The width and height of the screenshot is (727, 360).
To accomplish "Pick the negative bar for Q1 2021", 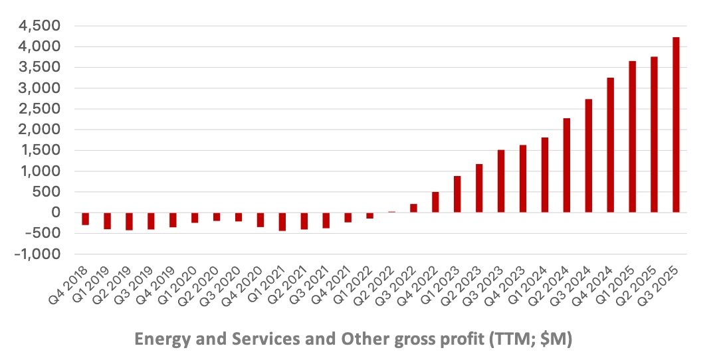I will coord(282,221).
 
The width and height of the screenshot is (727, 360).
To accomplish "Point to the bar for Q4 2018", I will coord(85,219).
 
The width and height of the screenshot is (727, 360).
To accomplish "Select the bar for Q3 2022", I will coord(413,208).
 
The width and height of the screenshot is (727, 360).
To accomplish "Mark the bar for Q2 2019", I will coord(129,221).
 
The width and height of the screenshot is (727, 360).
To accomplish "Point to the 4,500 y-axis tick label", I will coord(42,26).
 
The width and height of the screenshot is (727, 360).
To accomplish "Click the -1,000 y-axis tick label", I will coord(40,254).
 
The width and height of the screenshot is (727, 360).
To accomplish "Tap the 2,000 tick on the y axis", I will coord(42,130).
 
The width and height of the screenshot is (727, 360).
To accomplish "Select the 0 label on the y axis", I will coord(56,213).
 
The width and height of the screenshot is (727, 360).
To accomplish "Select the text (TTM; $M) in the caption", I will coord(529,339).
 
